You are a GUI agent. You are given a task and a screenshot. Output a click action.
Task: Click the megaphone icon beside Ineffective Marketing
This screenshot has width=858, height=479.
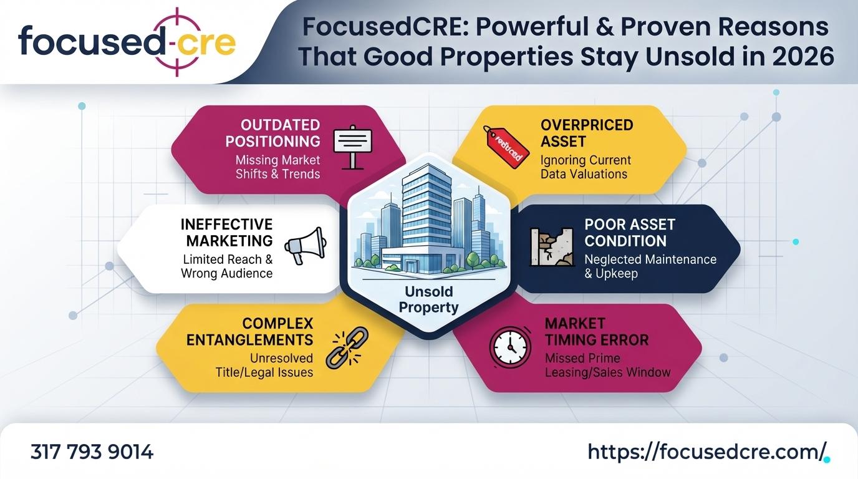pos(306,245)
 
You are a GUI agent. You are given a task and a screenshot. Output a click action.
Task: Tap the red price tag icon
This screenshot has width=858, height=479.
pos(506,147)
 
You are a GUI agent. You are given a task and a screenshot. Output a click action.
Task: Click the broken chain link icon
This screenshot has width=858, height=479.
pos(347,347)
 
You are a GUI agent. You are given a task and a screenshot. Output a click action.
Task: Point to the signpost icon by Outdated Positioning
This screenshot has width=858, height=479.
pos(352,147)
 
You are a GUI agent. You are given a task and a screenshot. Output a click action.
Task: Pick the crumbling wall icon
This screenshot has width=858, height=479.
pos(552,247)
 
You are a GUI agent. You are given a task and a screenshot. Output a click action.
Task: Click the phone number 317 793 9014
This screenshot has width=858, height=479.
pos(92,452)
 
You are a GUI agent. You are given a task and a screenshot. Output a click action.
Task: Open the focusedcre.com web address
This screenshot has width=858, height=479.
pos(706,452)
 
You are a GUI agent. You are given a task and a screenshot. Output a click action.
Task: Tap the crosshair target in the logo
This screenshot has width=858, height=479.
pos(177,42)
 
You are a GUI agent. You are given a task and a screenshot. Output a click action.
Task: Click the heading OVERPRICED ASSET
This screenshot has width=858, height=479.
pos(587,133)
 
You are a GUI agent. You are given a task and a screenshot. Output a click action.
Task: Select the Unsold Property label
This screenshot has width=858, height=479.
pos(428,299)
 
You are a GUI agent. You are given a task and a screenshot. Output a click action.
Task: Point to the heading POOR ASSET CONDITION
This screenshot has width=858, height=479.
pos(630,233)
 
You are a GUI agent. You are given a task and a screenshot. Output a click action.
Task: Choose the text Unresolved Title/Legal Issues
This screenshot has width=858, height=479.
pos(264,365)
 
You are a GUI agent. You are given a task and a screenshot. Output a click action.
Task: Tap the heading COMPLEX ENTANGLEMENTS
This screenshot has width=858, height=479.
pos(250,332)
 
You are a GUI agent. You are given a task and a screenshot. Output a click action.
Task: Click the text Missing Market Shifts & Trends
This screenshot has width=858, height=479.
pos(277,167)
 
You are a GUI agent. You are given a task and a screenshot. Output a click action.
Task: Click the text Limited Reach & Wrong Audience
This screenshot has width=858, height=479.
pos(227,266)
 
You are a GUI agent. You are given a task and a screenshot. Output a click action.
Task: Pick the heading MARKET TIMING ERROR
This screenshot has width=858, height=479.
pos(597,332)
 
